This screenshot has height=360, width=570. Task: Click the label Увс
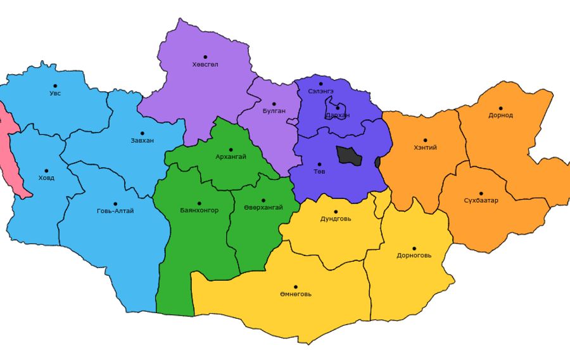click(x=55, y=94)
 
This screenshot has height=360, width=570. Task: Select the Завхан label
click(x=142, y=141)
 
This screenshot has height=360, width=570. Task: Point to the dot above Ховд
click(x=47, y=170)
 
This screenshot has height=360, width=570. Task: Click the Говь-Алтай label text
click(x=115, y=211)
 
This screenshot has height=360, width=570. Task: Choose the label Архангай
click(x=231, y=157)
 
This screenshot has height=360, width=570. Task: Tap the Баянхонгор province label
click(x=199, y=210)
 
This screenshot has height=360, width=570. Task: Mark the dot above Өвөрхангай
click(x=263, y=200)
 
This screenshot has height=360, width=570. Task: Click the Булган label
click(x=274, y=111)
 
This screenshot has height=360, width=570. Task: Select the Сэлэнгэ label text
click(x=320, y=92)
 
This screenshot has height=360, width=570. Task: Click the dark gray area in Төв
click(x=349, y=155)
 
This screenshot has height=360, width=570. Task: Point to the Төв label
click(x=319, y=172)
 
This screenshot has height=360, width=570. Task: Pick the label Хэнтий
click(x=425, y=148)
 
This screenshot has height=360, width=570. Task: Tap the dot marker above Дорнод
click(x=500, y=108)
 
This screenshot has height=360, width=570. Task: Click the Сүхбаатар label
click(x=481, y=201)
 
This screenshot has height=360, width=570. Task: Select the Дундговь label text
click(x=336, y=219)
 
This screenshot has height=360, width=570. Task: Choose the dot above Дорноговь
click(x=414, y=248)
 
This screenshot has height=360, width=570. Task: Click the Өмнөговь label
click(x=295, y=294)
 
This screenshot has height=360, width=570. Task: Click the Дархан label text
click(x=337, y=115)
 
